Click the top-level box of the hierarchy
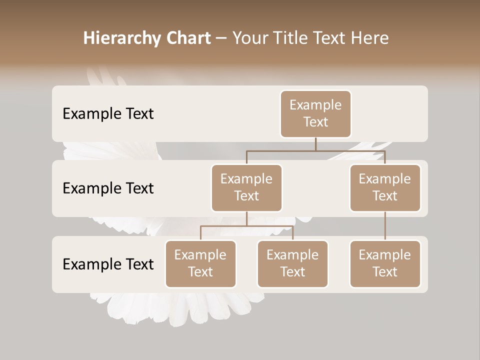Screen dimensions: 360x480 (315, 114)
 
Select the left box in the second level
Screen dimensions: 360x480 (246, 188)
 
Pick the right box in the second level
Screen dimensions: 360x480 (385, 188)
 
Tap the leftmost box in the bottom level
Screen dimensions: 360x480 (200, 264)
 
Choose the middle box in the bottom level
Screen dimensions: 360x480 (292, 264)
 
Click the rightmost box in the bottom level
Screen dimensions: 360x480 (385, 264)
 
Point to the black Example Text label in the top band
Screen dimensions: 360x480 (108, 114)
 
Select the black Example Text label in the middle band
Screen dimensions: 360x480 (108, 188)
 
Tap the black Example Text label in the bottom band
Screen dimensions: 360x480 (108, 264)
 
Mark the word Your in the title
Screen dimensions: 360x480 (250, 38)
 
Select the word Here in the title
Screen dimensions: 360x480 (370, 38)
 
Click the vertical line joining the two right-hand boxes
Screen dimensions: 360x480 (385, 226)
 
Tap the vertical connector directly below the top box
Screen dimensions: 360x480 (315, 144)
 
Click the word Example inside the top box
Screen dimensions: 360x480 (315, 105)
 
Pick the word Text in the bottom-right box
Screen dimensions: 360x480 (385, 272)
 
